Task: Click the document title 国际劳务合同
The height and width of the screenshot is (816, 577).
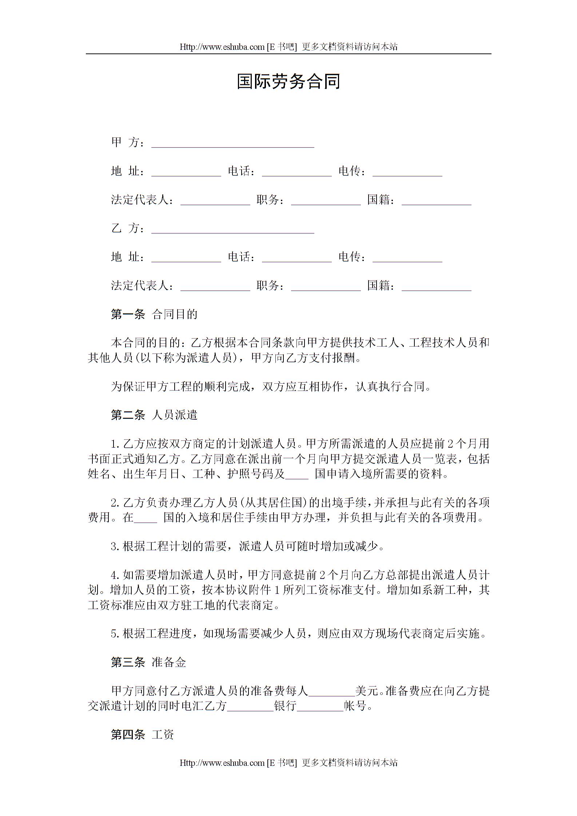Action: tap(288, 81)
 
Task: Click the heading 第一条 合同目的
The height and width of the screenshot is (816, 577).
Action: tap(154, 314)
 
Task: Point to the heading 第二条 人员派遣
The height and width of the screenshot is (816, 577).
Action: tap(154, 415)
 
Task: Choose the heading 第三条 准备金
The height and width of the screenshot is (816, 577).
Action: tap(148, 662)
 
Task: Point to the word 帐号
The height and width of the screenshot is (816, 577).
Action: tap(355, 706)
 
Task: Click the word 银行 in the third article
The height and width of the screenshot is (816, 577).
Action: tap(285, 706)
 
